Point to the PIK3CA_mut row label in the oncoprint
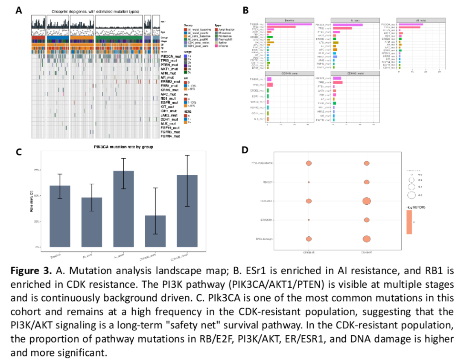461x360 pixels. pyautogui.click(x=170, y=56)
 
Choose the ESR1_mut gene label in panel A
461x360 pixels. pyautogui.click(x=169, y=85)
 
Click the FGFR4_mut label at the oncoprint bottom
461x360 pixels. pyautogui.click(x=170, y=136)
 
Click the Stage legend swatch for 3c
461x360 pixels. pyautogui.click(x=185, y=77)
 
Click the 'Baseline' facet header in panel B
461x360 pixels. pyautogui.click(x=289, y=20)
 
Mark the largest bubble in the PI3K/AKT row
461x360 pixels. pyautogui.click(x=366, y=201)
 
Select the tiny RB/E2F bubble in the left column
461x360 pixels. pyautogui.click(x=309, y=182)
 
